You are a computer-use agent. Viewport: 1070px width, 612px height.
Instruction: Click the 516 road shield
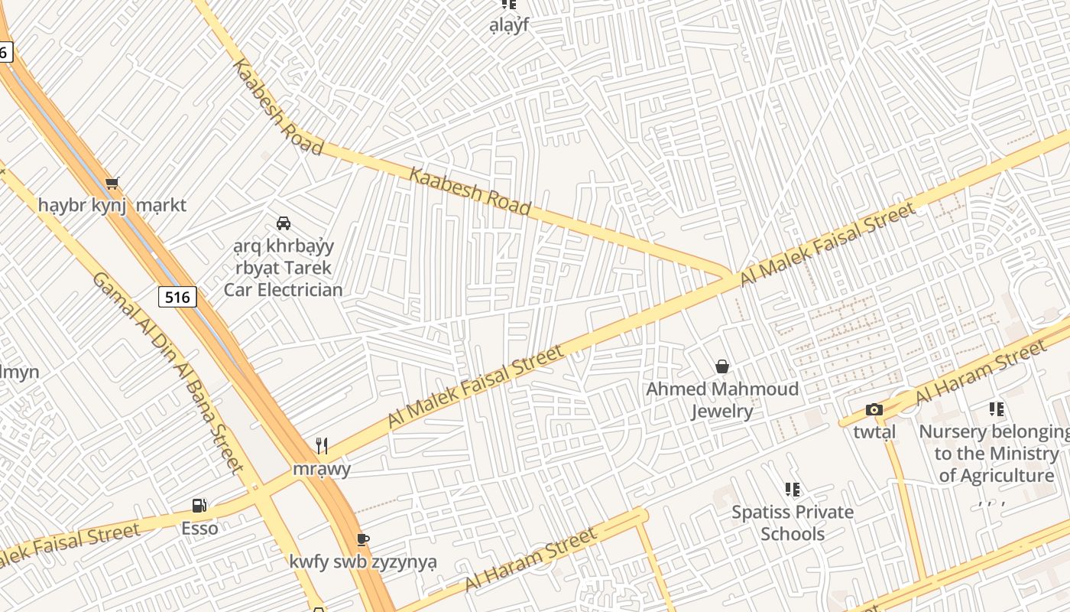[177, 297]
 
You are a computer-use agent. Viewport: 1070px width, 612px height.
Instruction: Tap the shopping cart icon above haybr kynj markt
[112, 183]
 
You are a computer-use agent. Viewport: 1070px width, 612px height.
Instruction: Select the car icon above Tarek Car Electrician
[284, 223]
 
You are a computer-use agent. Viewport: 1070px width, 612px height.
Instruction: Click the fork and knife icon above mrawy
[322, 446]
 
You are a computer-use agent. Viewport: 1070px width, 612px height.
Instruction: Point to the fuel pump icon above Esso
[199, 506]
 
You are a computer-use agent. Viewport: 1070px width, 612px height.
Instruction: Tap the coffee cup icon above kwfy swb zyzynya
[363, 539]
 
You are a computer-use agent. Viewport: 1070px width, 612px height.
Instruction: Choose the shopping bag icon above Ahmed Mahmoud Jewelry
[722, 367]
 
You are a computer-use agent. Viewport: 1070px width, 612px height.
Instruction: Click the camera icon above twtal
[874, 410]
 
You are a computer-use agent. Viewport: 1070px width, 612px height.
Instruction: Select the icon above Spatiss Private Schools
[793, 490]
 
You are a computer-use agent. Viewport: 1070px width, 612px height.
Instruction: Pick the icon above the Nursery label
[996, 409]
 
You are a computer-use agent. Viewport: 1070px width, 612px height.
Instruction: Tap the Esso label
[199, 529]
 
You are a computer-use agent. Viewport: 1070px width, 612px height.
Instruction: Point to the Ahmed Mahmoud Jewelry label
[722, 400]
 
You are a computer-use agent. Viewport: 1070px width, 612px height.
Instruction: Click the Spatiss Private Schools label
[793, 522]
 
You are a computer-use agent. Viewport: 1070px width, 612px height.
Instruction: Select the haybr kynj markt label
[112, 206]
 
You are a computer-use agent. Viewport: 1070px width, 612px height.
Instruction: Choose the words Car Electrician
[284, 290]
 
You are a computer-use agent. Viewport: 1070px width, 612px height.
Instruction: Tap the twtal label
[874, 432]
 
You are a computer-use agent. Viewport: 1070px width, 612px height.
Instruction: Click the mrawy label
[322, 468]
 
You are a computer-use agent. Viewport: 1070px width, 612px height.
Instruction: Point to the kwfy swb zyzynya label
[363, 562]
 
